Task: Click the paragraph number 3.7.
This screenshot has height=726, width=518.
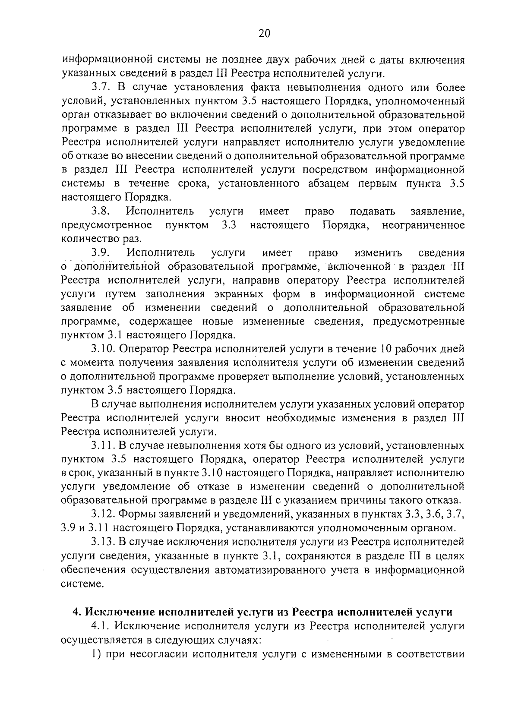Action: pyautogui.click(x=101, y=88)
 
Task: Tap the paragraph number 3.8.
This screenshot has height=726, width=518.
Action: pyautogui.click(x=101, y=211)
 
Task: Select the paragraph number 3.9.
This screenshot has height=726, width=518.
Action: pyautogui.click(x=101, y=253)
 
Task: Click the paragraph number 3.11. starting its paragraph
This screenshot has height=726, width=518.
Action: pyautogui.click(x=104, y=445)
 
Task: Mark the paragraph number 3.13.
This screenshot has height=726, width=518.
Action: pyautogui.click(x=104, y=542)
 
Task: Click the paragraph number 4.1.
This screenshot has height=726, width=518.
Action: pyautogui.click(x=101, y=626)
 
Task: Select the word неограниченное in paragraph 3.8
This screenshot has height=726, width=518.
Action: pyautogui.click(x=423, y=225)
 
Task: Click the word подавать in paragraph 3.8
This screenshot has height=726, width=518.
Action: pyautogui.click(x=372, y=211)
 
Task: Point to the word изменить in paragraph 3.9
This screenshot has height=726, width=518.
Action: pyautogui.click(x=378, y=253)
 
